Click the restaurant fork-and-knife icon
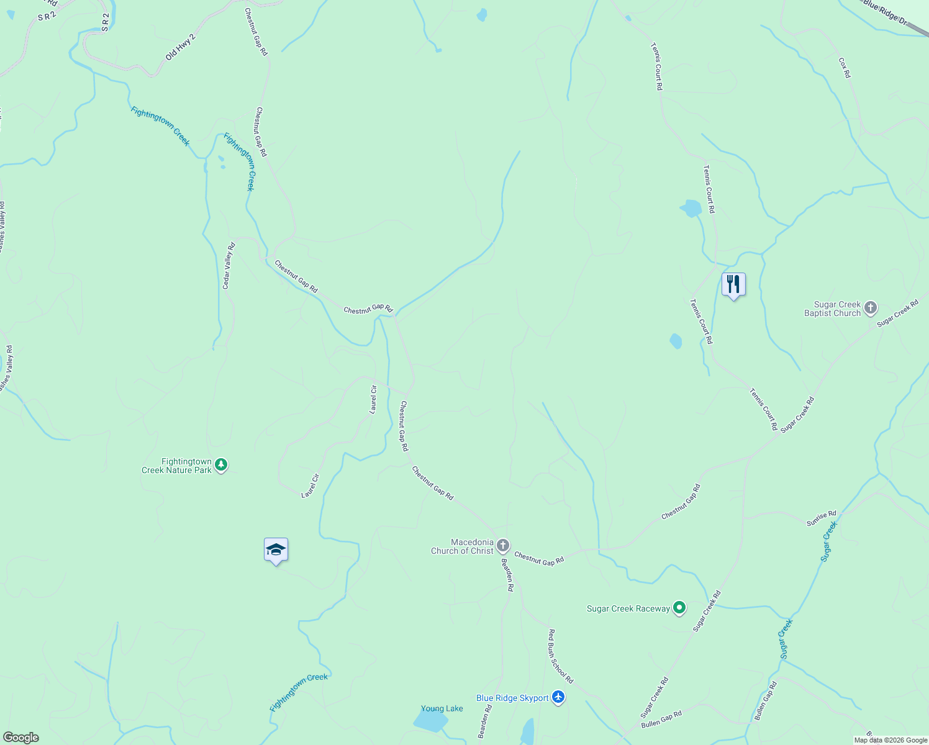(x=733, y=284)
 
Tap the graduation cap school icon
(x=276, y=549)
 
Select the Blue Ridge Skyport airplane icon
(x=558, y=698)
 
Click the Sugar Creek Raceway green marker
(x=679, y=608)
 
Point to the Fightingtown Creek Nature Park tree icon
(x=221, y=465)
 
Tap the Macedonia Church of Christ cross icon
(x=503, y=546)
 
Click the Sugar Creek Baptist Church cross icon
(x=871, y=308)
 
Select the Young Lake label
(x=442, y=708)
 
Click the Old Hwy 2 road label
(x=180, y=47)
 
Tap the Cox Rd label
(x=845, y=68)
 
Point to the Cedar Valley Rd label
(x=229, y=266)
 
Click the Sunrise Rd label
(x=821, y=518)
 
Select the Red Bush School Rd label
(x=560, y=656)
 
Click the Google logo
(x=20, y=738)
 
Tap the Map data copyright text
(x=890, y=740)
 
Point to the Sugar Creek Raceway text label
(x=628, y=608)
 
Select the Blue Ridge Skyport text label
(x=512, y=698)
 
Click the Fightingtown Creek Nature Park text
(x=177, y=466)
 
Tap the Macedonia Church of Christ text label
(x=463, y=546)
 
